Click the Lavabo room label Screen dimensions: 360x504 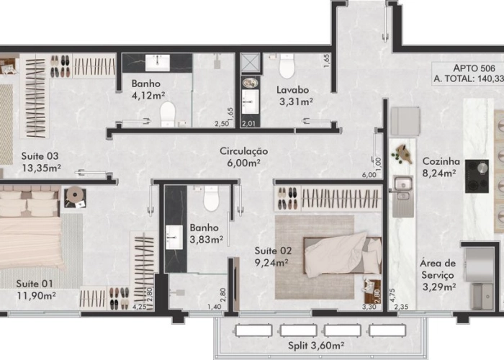tap(293, 90)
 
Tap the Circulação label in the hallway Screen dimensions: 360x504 tap(243, 151)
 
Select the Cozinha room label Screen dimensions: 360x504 tap(439, 162)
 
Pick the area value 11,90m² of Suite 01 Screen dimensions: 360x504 tap(37, 294)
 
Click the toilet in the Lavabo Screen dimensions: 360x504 tap(287, 68)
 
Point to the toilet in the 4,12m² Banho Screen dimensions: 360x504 tap(168, 113)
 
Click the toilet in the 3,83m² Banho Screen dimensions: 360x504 tap(211, 198)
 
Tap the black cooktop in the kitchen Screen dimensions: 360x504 tap(477, 176)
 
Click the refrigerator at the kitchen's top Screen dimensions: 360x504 tap(405, 120)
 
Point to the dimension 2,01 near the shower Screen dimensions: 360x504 tap(248, 124)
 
